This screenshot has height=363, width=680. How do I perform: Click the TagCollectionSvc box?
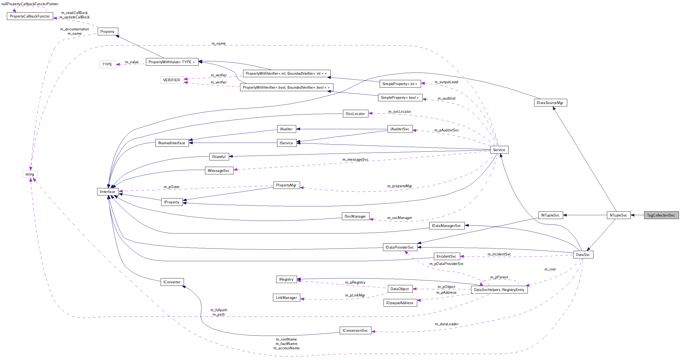[661, 215]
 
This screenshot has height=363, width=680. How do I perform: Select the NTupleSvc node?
[618, 215]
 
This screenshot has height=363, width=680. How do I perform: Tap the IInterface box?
[108, 192]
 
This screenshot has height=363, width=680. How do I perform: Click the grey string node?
[30, 174]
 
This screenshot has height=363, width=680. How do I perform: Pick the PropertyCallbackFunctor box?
[30, 16]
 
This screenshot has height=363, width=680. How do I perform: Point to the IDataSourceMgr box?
[550, 103]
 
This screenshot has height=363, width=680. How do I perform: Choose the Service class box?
[499, 150]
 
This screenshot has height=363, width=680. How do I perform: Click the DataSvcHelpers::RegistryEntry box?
[499, 290]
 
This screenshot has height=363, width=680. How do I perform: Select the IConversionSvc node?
[355, 330]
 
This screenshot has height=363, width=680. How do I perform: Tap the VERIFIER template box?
[172, 80]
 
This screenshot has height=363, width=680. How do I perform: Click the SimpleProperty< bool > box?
[400, 97]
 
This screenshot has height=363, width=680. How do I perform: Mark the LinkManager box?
[286, 298]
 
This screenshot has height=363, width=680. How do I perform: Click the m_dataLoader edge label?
[446, 324]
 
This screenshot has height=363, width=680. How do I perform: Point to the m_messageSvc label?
[355, 159]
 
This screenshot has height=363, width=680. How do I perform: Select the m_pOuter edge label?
[172, 187]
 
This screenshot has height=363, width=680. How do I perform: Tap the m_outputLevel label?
[446, 82]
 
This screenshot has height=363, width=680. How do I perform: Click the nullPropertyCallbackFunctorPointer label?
[30, 4]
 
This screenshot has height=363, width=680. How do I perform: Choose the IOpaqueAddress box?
[400, 303]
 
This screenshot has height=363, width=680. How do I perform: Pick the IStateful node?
[219, 157]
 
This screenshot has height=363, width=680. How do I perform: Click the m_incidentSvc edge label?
[499, 254]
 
